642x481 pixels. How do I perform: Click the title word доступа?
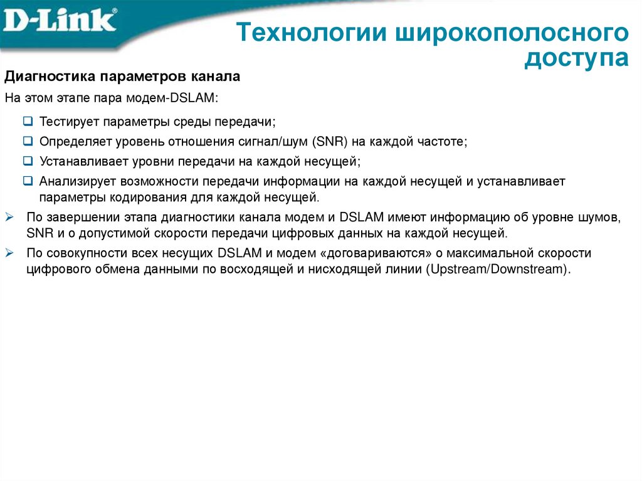pos(576,59)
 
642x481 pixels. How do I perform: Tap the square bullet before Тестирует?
pos(28,120)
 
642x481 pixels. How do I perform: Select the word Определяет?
pos(76,141)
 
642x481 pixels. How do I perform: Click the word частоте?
pos(442,141)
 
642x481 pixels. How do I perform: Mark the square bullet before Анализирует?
pos(28,181)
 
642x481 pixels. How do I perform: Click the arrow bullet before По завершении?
pos(9,218)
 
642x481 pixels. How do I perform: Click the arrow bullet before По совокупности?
pos(9,253)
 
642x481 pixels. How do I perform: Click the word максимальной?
pos(490,253)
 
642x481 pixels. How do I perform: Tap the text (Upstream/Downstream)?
pos(498,270)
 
